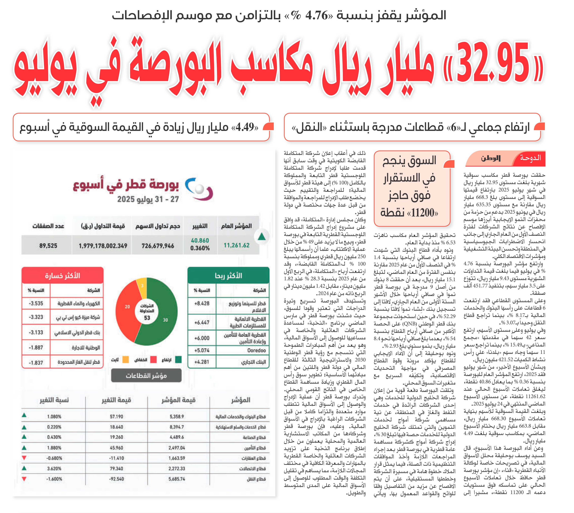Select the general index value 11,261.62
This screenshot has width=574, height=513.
(x=236, y=245)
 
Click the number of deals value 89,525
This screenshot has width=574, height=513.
(x=48, y=246)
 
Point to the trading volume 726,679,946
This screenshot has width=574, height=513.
(x=158, y=246)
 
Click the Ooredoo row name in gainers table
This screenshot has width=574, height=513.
(x=256, y=350)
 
